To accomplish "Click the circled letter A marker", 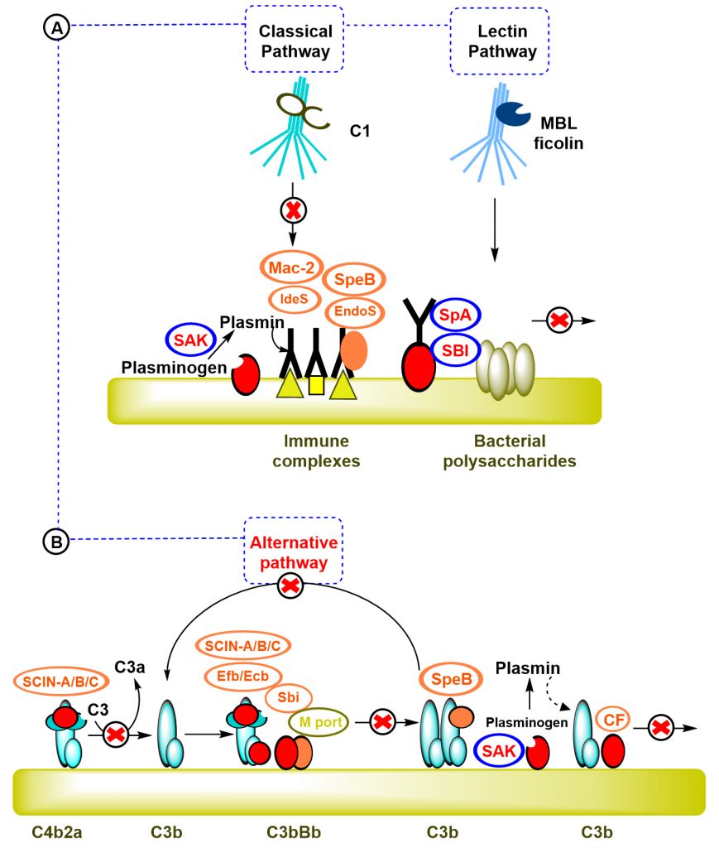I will pyautogui.click(x=56, y=28).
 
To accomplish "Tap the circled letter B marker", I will pyautogui.click(x=56, y=542).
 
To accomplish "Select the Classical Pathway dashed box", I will pyautogui.click(x=295, y=41).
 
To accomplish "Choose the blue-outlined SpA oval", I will pyautogui.click(x=455, y=316).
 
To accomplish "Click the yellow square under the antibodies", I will pyautogui.click(x=315, y=385).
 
